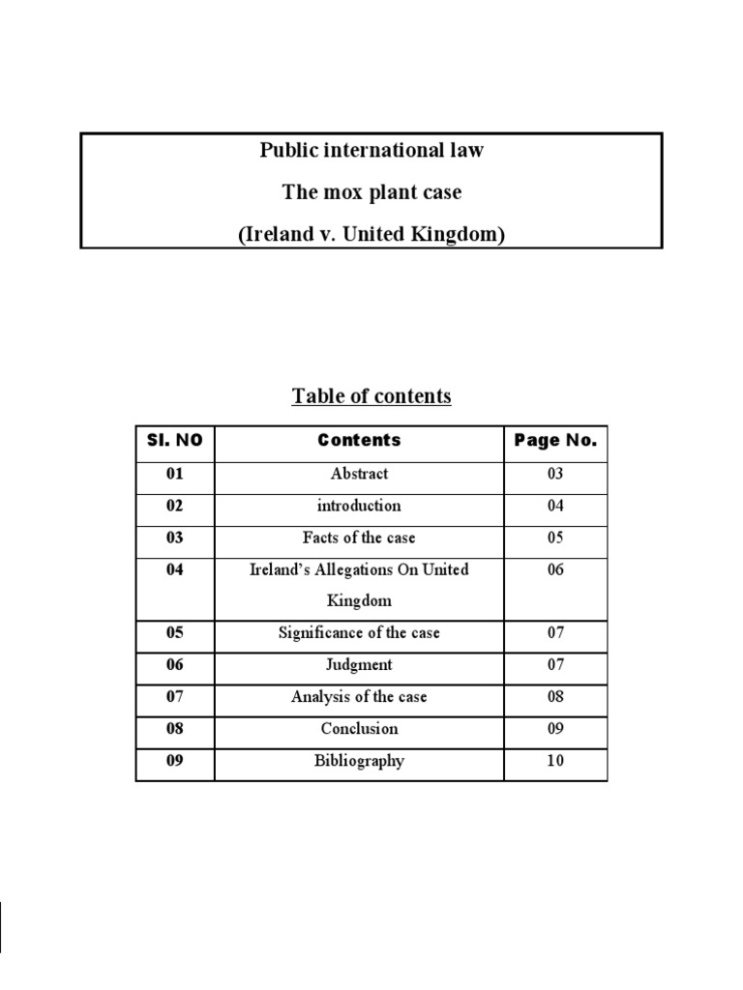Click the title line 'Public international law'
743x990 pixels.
pos(371,150)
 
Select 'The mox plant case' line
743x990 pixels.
pos(371,192)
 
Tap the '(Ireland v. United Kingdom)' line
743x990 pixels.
pos(371,234)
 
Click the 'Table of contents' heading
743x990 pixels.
pos(371,396)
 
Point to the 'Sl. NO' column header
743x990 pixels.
pos(175,441)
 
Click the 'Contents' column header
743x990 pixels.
pos(359,441)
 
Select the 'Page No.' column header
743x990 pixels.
pos(555,441)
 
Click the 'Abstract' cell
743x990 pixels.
pos(359,474)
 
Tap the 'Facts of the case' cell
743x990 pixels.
pos(359,538)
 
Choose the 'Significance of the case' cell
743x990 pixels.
pos(359,633)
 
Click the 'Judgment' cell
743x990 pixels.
pos(359,665)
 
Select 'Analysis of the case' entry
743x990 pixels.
pos(359,697)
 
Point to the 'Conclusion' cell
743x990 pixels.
pos(359,729)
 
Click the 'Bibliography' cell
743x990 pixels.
pos(359,761)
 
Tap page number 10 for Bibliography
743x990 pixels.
pos(555,761)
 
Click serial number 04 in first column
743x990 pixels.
pos(175,569)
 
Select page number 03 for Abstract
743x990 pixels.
pos(555,474)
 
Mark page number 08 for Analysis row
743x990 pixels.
pos(555,697)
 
